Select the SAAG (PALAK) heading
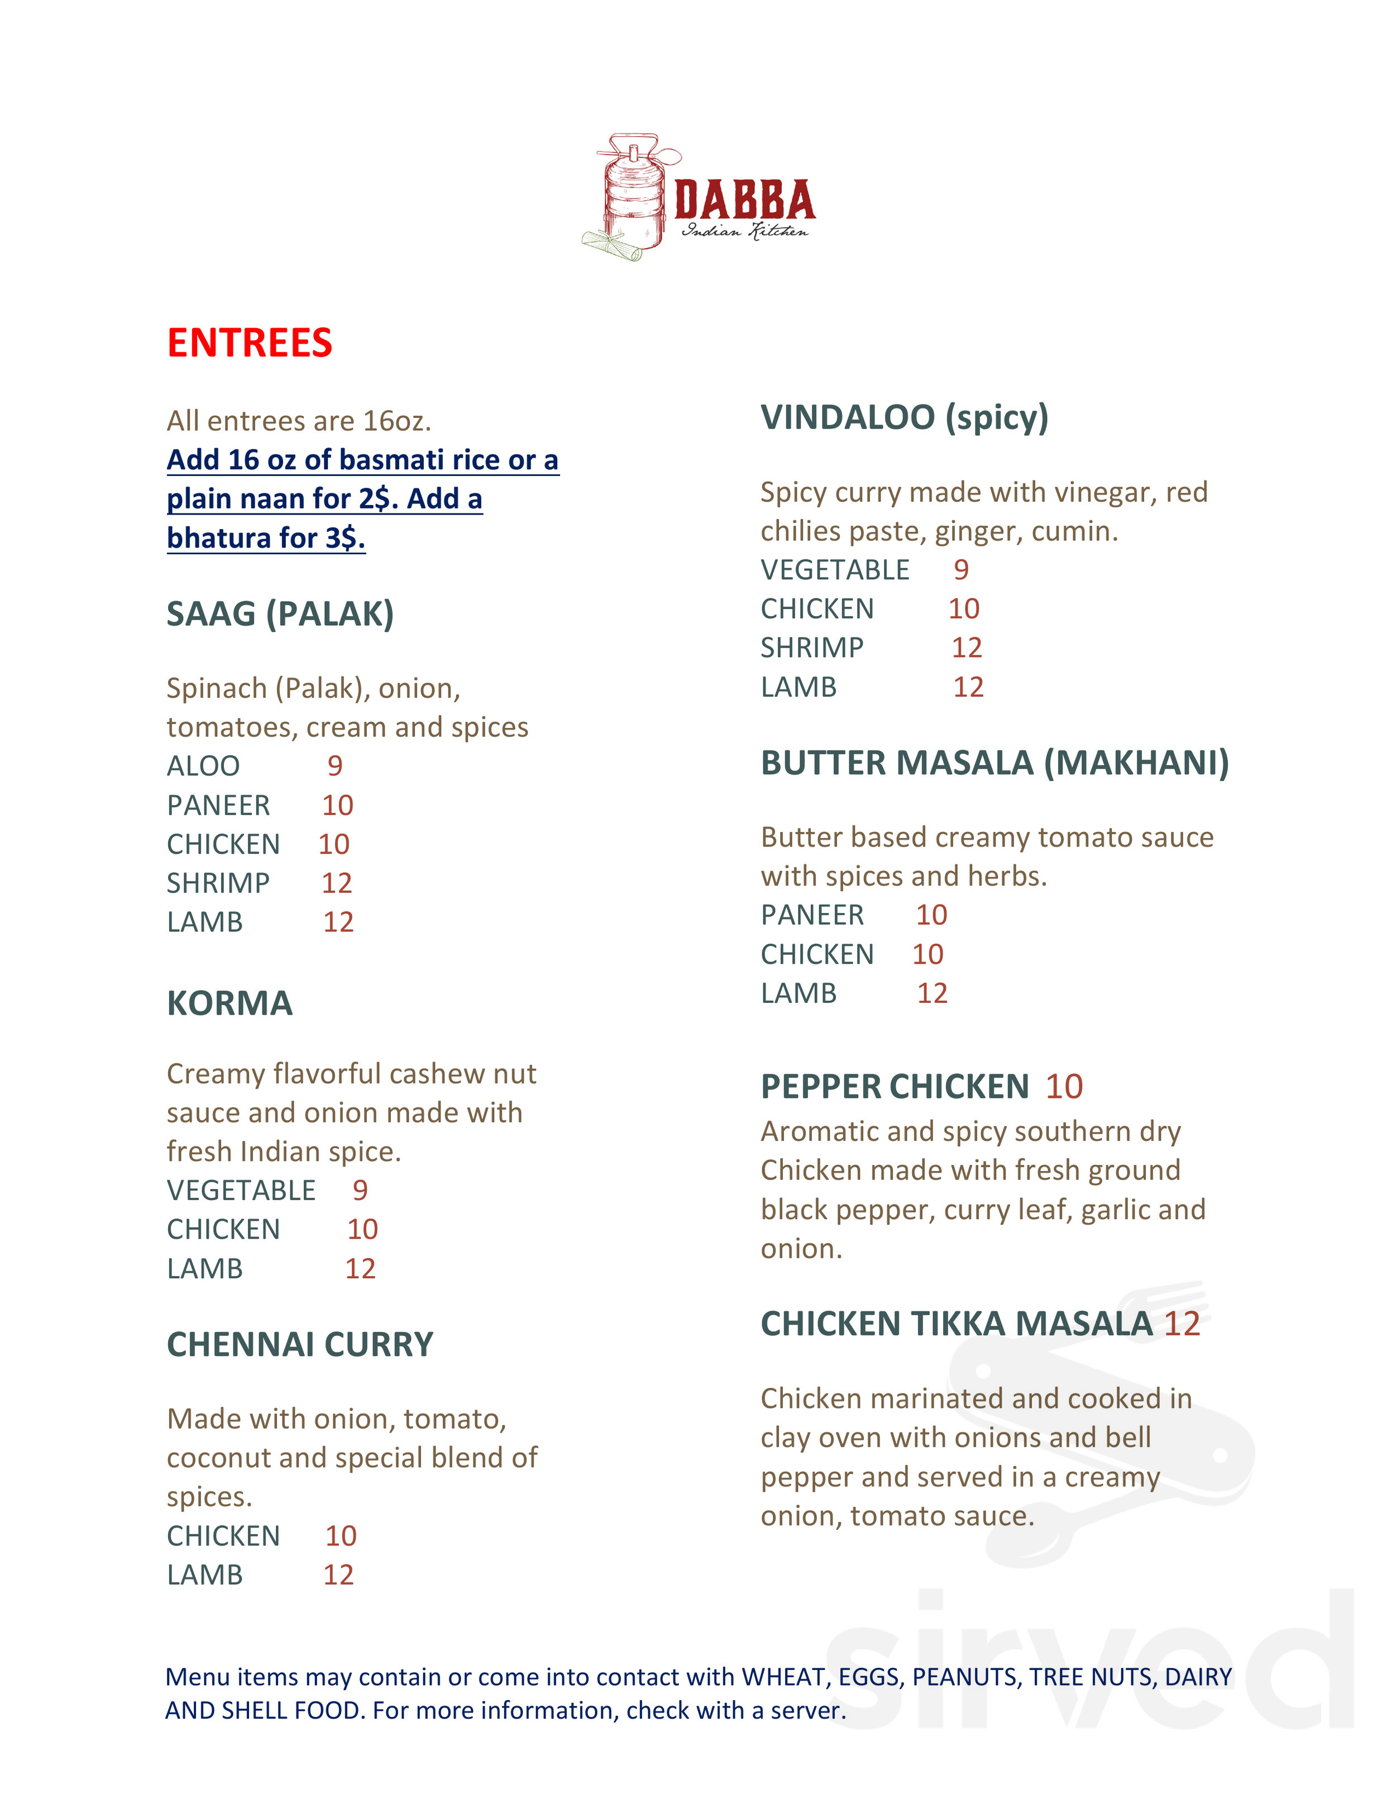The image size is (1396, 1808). (280, 614)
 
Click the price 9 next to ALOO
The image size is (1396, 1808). (334, 766)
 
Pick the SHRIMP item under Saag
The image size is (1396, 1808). (218, 883)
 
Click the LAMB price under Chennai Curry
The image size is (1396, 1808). (338, 1574)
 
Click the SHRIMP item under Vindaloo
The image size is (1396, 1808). (812, 648)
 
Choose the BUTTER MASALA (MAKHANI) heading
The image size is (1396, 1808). (995, 763)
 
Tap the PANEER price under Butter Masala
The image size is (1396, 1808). (931, 915)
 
